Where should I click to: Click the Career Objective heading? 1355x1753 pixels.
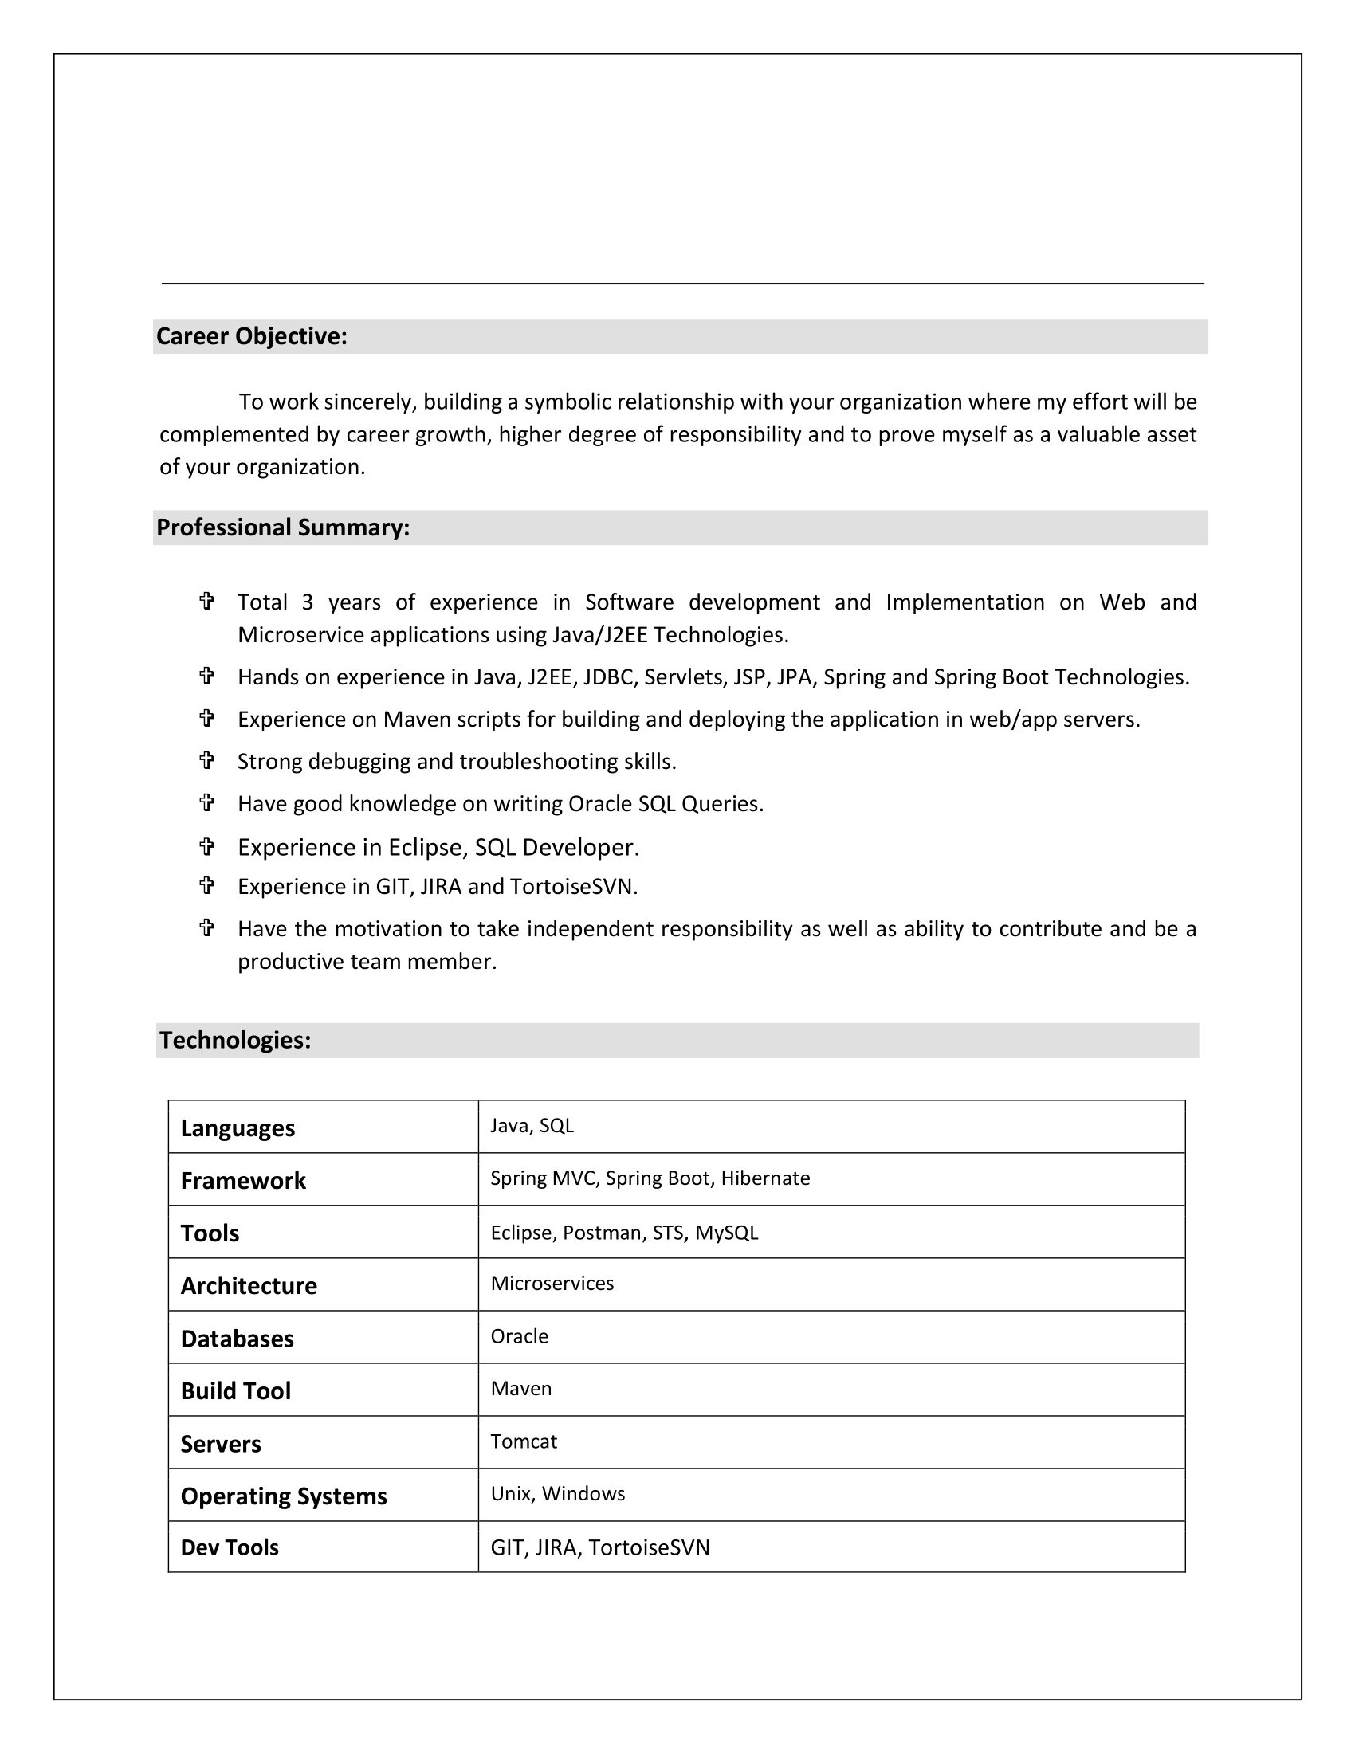pyautogui.click(x=251, y=336)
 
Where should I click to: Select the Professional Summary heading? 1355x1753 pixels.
pyautogui.click(x=283, y=527)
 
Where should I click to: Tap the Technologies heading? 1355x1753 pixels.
pyautogui.click(x=234, y=1040)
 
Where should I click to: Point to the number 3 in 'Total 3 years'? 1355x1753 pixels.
pyautogui.click(x=308, y=602)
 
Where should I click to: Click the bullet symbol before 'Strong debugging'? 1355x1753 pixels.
pyautogui.click(x=206, y=760)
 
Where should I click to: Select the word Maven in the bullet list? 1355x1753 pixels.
pyautogui.click(x=417, y=720)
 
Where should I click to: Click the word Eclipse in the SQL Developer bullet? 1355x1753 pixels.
pyautogui.click(x=425, y=847)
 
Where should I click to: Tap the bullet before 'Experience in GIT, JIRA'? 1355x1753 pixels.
pyautogui.click(x=206, y=885)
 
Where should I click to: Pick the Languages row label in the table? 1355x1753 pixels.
pyautogui.click(x=238, y=1127)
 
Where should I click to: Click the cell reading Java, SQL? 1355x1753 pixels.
pyautogui.click(x=532, y=1125)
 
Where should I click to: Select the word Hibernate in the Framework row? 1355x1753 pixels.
pyautogui.click(x=765, y=1178)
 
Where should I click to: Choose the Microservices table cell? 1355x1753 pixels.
pyautogui.click(x=552, y=1283)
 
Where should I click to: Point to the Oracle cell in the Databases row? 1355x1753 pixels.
pyautogui.click(x=520, y=1335)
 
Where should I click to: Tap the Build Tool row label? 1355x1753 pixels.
pyautogui.click(x=235, y=1391)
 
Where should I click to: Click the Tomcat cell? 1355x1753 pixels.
pyautogui.click(x=524, y=1441)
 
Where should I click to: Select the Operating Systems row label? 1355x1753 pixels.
pyautogui.click(x=284, y=1496)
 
